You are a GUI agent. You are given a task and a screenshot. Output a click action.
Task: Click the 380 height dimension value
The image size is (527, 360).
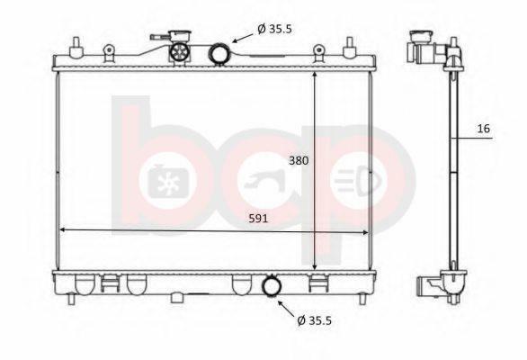[x=299, y=161]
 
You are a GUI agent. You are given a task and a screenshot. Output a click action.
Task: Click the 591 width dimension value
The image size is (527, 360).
[x=258, y=219]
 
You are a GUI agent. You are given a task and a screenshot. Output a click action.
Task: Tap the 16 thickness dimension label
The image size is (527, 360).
[x=484, y=129]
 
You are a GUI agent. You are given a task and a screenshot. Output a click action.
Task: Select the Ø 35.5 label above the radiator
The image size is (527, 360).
[x=275, y=30]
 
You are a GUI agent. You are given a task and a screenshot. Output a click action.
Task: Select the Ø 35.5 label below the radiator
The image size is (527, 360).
[x=314, y=320]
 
